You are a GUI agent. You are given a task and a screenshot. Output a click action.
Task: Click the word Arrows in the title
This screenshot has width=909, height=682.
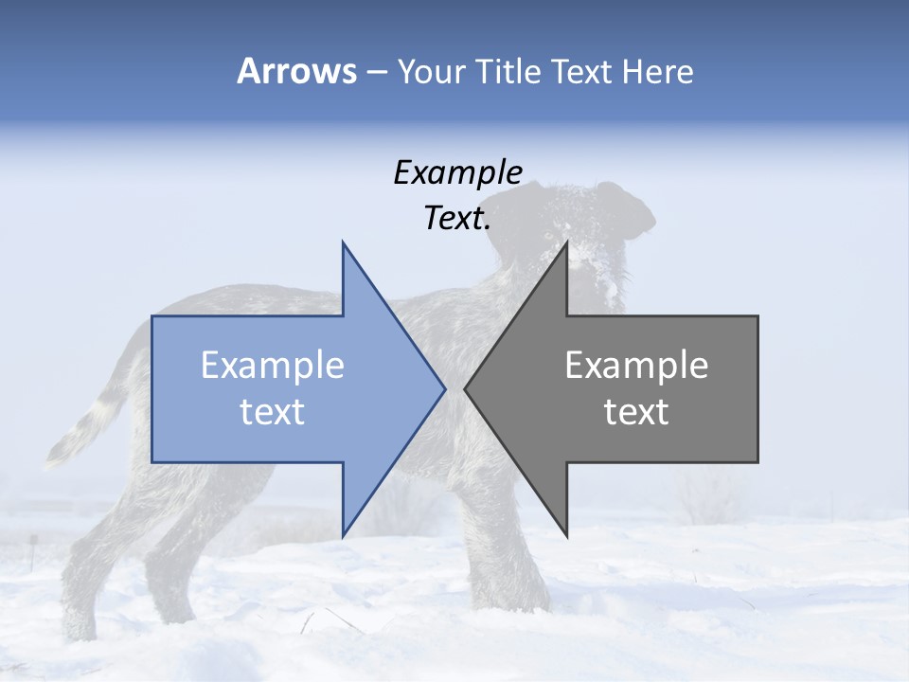(x=296, y=71)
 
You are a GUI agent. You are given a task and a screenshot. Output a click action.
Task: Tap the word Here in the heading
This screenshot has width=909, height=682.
(x=657, y=71)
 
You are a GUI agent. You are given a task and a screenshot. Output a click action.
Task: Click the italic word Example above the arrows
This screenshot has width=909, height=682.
(x=457, y=173)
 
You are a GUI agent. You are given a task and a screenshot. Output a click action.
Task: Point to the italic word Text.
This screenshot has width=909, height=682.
(x=457, y=219)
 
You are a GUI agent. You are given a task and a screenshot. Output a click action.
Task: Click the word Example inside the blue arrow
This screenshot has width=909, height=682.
(x=272, y=366)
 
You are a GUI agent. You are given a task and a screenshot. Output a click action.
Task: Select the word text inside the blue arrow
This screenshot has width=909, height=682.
(x=272, y=412)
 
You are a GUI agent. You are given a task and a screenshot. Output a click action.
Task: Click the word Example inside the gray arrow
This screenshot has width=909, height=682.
(x=636, y=366)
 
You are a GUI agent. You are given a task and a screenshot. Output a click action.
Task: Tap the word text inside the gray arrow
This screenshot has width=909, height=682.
(x=636, y=412)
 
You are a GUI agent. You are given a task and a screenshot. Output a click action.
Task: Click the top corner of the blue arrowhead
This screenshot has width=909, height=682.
(x=344, y=243)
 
